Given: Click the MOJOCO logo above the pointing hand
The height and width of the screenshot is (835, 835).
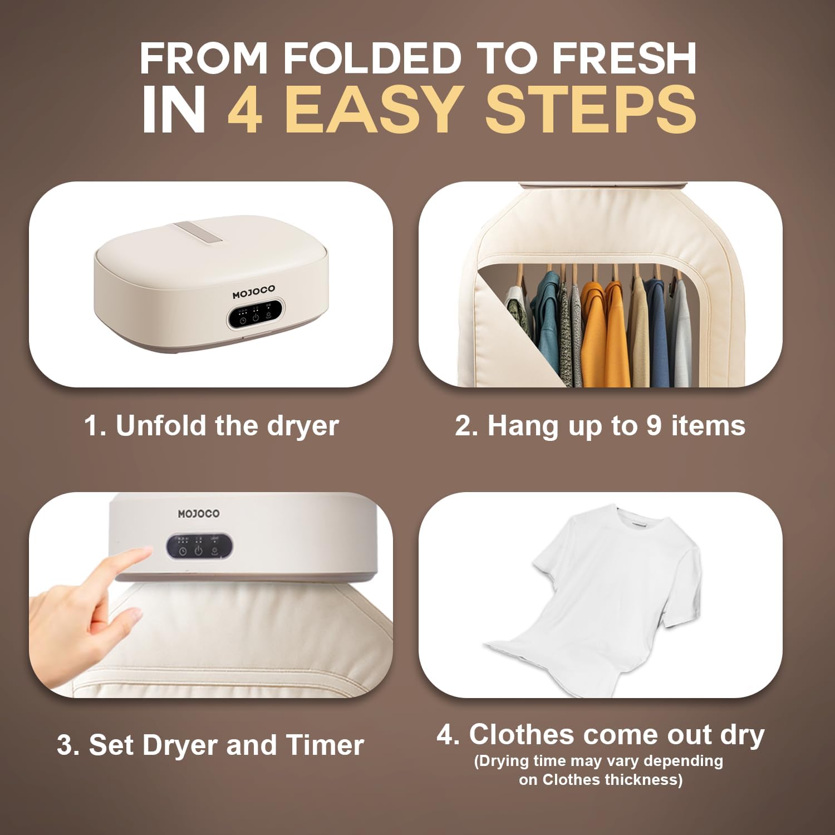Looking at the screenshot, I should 199,514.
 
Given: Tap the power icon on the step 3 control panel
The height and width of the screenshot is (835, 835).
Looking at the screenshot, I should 198,551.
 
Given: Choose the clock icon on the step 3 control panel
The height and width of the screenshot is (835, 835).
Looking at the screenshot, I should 182,551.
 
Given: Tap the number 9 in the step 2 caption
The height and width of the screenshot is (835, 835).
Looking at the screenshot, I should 654,426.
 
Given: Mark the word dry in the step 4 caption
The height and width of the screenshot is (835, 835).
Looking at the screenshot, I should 743,735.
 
